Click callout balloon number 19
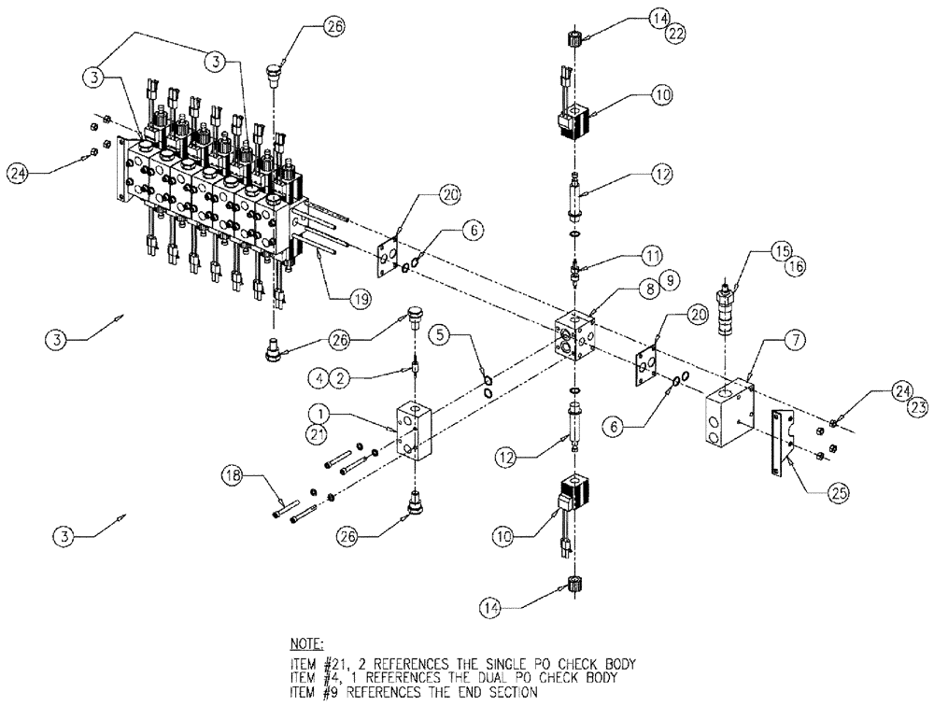tap(360, 299)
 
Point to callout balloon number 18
tap(233, 478)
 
